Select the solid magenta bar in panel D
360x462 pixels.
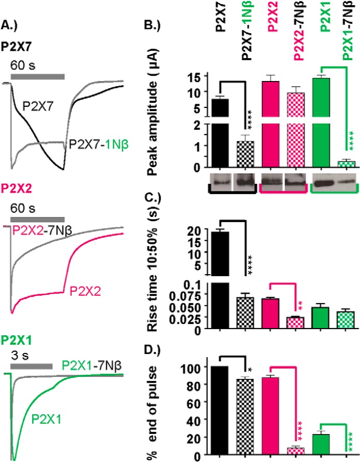tap(271, 415)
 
